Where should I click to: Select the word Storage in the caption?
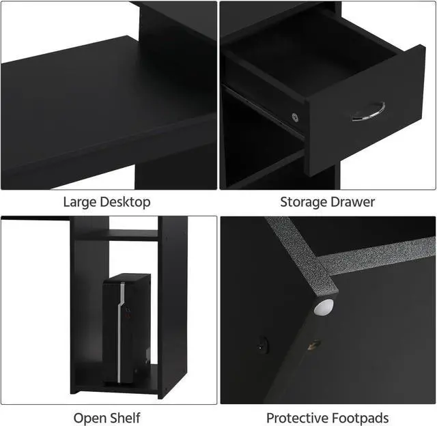click(302, 202)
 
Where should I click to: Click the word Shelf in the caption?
click(126, 417)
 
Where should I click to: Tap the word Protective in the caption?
click(294, 417)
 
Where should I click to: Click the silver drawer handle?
click(369, 111)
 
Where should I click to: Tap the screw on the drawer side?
click(295, 117)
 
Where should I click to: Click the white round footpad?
click(324, 308)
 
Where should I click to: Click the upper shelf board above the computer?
click(117, 235)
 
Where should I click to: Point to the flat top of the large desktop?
click(102, 96)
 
